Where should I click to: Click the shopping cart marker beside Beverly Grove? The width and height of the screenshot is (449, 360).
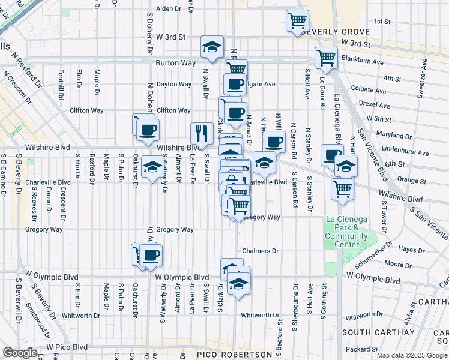coord(297,22)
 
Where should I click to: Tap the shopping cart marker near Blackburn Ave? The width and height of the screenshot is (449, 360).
coord(326,58)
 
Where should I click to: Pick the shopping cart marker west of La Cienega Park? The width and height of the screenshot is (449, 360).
coord(342,189)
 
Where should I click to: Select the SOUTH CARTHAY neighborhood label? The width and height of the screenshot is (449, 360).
coord(378,332)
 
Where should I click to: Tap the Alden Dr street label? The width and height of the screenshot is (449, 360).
coord(168,9)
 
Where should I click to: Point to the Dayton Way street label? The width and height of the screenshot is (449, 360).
coord(174,85)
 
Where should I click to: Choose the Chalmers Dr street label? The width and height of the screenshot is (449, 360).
coord(261,251)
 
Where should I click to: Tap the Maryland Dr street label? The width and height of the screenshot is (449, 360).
coord(394,136)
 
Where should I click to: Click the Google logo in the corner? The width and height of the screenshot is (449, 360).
coord(20,353)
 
